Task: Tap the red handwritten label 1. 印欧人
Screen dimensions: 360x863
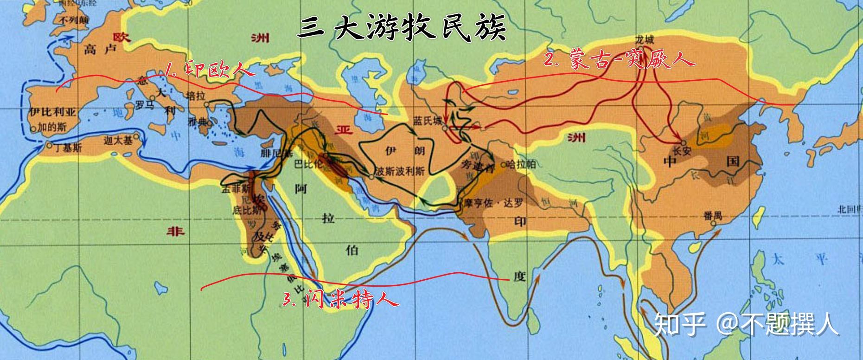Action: point(204,70)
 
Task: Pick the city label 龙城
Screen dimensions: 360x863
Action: point(645,40)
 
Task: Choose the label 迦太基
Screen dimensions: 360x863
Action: point(118,140)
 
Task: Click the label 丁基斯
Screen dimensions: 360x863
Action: point(68,148)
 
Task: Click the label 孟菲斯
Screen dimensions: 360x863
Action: point(236,189)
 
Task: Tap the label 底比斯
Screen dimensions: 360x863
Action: point(244,210)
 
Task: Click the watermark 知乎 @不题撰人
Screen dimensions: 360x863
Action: point(746,323)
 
